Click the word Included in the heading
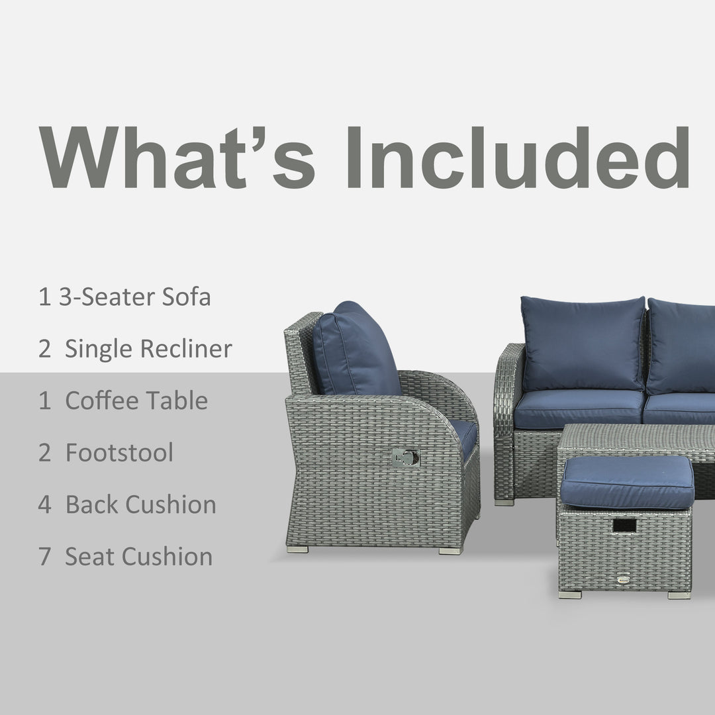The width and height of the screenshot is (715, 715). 516,158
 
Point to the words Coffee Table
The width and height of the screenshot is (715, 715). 136,401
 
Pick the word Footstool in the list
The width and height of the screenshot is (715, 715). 119,453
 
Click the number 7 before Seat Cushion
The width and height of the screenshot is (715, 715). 44,557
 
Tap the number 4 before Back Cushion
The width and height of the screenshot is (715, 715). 44,504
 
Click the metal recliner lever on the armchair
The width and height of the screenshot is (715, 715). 406,457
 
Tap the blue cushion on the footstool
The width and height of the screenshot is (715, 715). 626,481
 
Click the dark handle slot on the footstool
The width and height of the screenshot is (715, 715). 624,525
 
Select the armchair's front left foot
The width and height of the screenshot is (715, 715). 297,549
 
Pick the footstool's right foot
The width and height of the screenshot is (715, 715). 679,595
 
